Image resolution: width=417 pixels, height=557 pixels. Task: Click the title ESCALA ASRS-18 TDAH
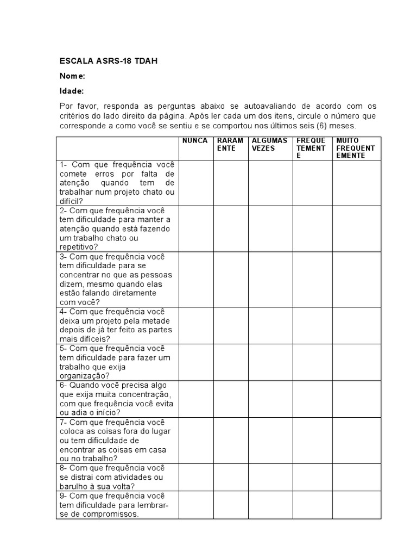(x=109, y=61)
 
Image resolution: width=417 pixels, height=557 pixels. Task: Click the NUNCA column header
(x=195, y=141)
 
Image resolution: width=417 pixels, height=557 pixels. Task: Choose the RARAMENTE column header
(x=230, y=145)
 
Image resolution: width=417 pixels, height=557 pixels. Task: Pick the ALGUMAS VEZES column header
(x=269, y=145)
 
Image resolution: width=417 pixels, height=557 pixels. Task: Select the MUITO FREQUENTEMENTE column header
(x=356, y=148)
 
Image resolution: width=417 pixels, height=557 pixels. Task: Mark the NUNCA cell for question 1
(x=195, y=183)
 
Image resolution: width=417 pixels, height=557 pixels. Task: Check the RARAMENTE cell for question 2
(x=230, y=228)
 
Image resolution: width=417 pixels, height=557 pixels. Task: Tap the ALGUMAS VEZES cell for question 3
(x=270, y=279)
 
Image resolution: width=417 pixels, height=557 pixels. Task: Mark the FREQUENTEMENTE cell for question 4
(x=312, y=325)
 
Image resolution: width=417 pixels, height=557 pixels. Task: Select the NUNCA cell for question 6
(x=195, y=399)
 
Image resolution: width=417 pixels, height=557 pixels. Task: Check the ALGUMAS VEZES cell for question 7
(x=270, y=440)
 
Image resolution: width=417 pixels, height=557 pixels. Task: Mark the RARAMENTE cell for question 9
(x=230, y=505)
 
